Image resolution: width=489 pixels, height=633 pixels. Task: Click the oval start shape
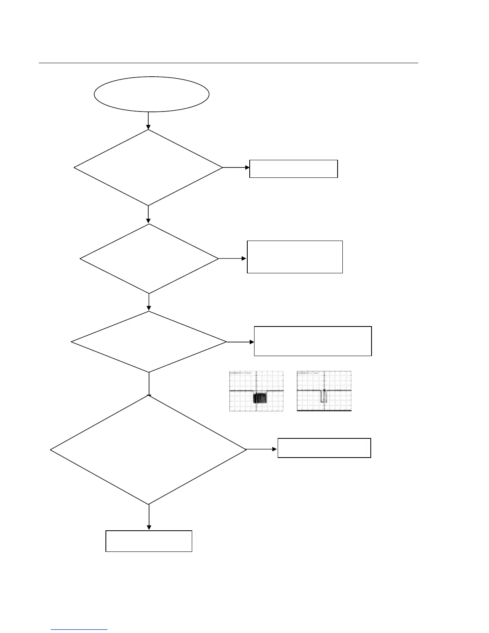pyautogui.click(x=151, y=94)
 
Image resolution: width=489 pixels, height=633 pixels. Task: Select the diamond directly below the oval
pyautogui.click(x=148, y=167)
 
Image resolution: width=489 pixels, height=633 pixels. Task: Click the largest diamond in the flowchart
pyautogui.click(x=148, y=450)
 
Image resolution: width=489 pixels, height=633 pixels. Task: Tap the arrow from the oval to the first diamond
pyautogui.click(x=148, y=120)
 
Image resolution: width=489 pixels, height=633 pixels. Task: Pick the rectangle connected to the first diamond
pyautogui.click(x=293, y=169)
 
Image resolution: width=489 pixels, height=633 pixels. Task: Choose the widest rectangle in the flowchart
pyautogui.click(x=313, y=341)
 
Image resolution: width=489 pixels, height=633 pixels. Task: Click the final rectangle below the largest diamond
pyautogui.click(x=149, y=541)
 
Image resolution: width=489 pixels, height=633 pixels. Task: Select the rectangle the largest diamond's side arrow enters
pyautogui.click(x=324, y=448)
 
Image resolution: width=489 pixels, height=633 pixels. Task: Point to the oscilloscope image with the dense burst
pyautogui.click(x=256, y=391)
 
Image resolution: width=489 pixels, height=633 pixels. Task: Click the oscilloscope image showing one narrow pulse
pyautogui.click(x=324, y=391)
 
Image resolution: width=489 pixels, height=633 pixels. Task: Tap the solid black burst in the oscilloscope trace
pyautogui.click(x=260, y=398)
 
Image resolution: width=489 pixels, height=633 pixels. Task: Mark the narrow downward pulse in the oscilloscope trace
pyautogui.click(x=324, y=396)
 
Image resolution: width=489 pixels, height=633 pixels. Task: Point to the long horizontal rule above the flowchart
pyautogui.click(x=228, y=63)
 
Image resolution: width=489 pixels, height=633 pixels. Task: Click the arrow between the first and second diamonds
pyautogui.click(x=148, y=215)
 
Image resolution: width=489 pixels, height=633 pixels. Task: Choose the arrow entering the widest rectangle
pyautogui.click(x=240, y=342)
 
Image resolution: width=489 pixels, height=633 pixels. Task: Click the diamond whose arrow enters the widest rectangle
pyautogui.click(x=149, y=342)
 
